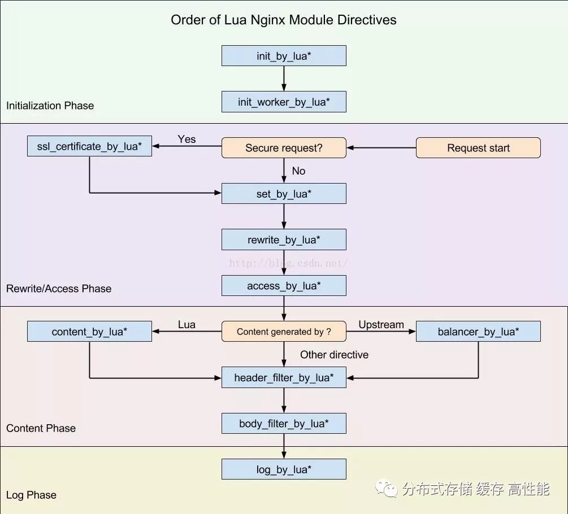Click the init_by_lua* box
[x=284, y=56]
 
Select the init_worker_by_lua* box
[x=284, y=102]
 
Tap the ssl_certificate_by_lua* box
[x=89, y=146]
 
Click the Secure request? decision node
[x=284, y=148]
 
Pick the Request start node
[x=478, y=148]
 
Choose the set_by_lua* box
[x=284, y=194]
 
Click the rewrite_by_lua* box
[x=284, y=240]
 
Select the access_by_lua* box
[x=284, y=286]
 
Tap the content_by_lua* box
[x=89, y=332]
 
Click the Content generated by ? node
[x=284, y=332]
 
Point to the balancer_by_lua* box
[x=478, y=332]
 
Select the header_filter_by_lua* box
[x=284, y=377]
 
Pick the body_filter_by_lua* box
[x=284, y=424]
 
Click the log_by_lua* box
[x=284, y=469]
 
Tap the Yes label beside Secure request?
[x=187, y=139]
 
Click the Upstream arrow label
[x=381, y=325]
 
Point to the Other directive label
[x=334, y=355]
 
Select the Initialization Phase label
[x=50, y=106]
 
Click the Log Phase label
[x=31, y=495]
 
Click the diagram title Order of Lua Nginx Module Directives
[x=284, y=20]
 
